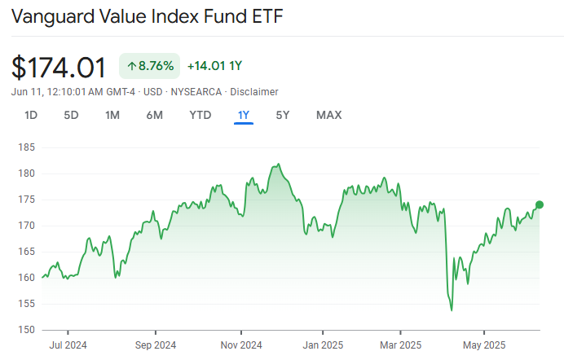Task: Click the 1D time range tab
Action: coord(31,115)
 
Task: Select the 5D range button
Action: coord(71,115)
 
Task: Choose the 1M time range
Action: coord(112,115)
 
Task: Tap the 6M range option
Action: coord(154,115)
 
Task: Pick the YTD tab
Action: coord(200,115)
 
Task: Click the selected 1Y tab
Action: coord(243,115)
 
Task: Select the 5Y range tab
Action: coord(282,115)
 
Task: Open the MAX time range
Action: coord(328,115)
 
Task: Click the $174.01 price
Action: coord(60,66)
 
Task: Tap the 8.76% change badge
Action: coord(150,66)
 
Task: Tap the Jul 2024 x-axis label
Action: coord(68,344)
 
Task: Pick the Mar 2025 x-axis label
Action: coord(400,344)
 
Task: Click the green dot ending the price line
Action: coord(539,204)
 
